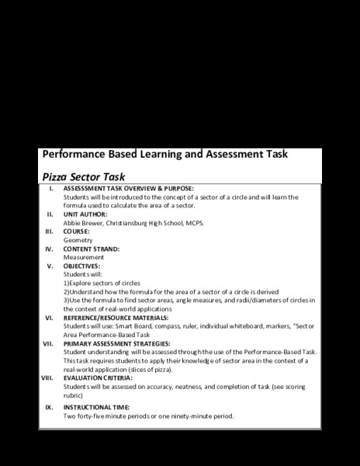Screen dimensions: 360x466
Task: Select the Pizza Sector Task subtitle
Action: tap(83, 176)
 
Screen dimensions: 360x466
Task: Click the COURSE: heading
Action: tap(76, 231)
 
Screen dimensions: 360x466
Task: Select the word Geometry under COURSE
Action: tap(78, 240)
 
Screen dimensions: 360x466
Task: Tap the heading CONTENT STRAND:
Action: tap(92, 249)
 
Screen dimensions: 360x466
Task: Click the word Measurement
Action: tap(83, 257)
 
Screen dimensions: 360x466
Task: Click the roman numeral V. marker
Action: tap(50, 266)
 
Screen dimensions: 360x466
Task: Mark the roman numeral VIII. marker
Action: tap(47, 377)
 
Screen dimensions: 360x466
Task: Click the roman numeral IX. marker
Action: tap(49, 407)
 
